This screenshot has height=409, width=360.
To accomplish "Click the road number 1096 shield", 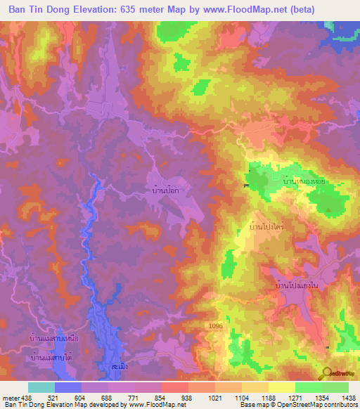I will coord(216,326).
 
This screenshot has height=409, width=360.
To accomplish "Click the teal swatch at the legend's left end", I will coord(41,387).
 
